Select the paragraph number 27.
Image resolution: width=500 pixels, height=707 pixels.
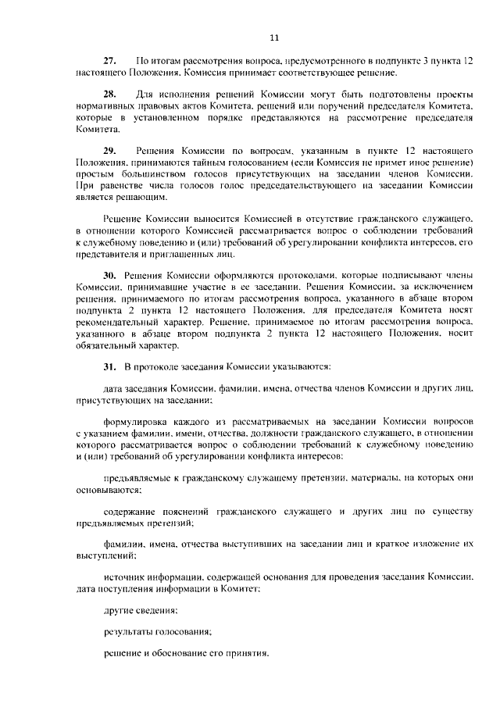[x=110, y=61]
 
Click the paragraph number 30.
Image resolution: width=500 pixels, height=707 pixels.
[x=110, y=277]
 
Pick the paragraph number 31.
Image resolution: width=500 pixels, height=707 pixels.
[x=110, y=366]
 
